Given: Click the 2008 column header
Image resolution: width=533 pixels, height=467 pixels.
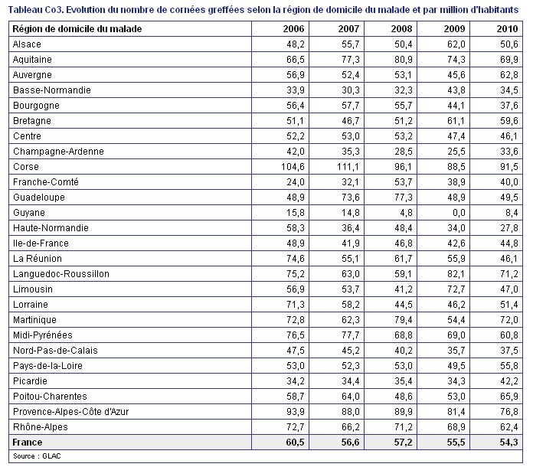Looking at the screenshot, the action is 401,29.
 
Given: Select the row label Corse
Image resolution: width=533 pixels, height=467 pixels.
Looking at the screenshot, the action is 26,167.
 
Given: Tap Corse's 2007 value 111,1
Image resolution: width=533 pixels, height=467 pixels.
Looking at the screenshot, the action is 348,167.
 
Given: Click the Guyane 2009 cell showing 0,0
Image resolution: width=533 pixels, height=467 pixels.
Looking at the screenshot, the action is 459,213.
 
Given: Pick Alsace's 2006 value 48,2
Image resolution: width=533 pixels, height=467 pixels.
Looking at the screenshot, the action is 296,44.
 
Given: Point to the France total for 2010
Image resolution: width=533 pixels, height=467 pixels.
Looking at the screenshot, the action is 508,443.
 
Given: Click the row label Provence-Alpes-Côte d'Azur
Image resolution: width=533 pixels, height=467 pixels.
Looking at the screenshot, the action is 70,412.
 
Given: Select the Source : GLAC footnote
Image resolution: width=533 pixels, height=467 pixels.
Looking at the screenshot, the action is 37,456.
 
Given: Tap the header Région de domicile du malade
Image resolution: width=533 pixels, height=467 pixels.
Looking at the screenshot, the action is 77,29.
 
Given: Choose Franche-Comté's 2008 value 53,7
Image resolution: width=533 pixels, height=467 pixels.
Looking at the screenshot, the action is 403,182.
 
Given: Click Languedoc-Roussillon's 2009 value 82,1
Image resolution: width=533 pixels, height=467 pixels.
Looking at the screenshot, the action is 456,274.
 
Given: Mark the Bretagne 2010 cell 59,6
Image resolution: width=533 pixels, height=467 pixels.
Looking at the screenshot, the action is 508,121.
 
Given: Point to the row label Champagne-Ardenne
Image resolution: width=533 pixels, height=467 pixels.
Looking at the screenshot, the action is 58,152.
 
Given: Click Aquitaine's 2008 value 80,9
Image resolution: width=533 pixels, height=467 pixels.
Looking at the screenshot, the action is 403,60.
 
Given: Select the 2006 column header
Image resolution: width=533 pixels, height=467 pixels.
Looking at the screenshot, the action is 293,29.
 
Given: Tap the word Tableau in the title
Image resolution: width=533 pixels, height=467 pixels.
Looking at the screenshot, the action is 25,10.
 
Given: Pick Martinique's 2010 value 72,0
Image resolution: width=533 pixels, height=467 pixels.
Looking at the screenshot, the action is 508,320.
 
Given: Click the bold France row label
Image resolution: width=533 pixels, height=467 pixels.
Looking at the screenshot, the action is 28,443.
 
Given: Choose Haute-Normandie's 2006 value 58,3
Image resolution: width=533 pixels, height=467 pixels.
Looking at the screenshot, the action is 296,228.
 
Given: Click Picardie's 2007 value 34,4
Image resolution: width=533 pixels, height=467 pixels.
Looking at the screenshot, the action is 351,381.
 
